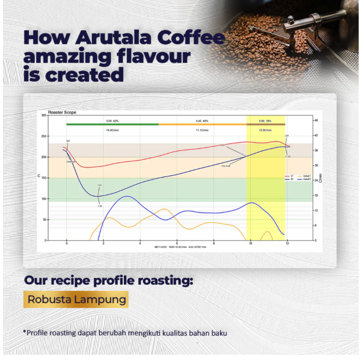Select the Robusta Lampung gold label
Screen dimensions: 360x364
pos(76,299)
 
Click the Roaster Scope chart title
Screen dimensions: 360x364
pos(62,111)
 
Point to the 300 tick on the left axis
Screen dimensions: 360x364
pos(43,115)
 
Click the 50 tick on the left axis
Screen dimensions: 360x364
pos(44,220)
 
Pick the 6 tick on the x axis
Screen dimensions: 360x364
pos(177,244)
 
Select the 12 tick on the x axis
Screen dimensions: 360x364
pos(288,244)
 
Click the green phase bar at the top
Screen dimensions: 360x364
pos(112,124)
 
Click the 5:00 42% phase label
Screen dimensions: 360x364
pos(112,120)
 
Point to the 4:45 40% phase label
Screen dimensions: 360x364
pos(202,120)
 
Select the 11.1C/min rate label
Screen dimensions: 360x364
pos(202,129)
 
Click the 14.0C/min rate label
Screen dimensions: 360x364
pos(112,129)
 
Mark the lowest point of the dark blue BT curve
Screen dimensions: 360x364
pos(99,196)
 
